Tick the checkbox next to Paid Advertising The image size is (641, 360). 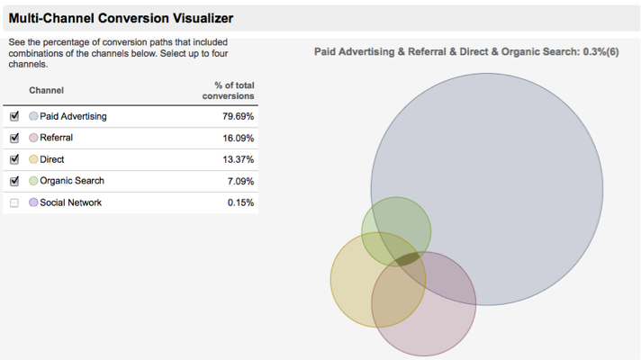pyautogui.click(x=14, y=117)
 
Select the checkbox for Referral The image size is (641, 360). pyautogui.click(x=14, y=139)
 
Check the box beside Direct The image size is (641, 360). pyautogui.click(x=14, y=160)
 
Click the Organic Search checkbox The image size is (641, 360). pyautogui.click(x=14, y=182)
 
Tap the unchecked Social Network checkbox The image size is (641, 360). pyautogui.click(x=14, y=203)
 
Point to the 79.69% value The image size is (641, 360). pyautogui.click(x=238, y=117)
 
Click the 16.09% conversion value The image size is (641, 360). pyautogui.click(x=238, y=139)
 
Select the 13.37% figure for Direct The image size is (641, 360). pyautogui.click(x=238, y=160)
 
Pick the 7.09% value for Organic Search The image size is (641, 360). pyautogui.click(x=240, y=182)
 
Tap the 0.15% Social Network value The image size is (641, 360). pyautogui.click(x=240, y=203)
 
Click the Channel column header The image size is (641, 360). pyautogui.click(x=46, y=90)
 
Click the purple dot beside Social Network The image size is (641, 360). pyautogui.click(x=33, y=203)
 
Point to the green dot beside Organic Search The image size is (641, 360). pyautogui.click(x=33, y=182)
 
